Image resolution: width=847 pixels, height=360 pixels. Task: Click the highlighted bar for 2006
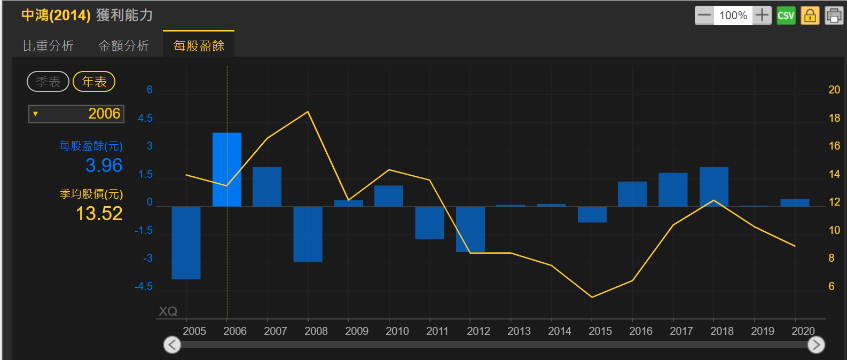click(227, 169)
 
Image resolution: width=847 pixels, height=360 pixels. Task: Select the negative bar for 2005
click(186, 242)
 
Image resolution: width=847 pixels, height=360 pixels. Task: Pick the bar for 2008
click(308, 234)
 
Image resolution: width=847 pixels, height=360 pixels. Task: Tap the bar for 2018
click(713, 186)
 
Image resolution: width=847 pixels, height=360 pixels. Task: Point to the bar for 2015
click(592, 214)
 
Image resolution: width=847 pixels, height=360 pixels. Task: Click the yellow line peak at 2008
click(308, 112)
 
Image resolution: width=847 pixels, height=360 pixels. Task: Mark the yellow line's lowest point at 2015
click(592, 297)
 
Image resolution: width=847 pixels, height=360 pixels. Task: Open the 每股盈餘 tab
click(199, 46)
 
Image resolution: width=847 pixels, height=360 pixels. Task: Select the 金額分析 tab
click(123, 46)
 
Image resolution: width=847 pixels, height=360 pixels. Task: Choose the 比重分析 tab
click(48, 46)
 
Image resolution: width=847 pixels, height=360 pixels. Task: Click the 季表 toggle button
click(48, 82)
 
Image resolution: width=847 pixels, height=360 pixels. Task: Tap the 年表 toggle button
click(94, 82)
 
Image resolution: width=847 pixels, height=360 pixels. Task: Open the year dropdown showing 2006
click(76, 114)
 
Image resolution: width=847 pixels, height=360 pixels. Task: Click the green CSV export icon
click(786, 15)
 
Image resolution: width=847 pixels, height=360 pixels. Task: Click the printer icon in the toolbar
click(834, 15)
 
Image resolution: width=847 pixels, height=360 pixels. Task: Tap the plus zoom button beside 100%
click(762, 15)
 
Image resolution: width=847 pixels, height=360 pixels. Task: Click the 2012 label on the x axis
click(478, 331)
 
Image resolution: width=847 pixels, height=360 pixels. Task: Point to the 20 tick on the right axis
click(834, 90)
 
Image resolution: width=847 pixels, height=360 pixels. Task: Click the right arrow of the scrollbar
click(816, 345)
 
